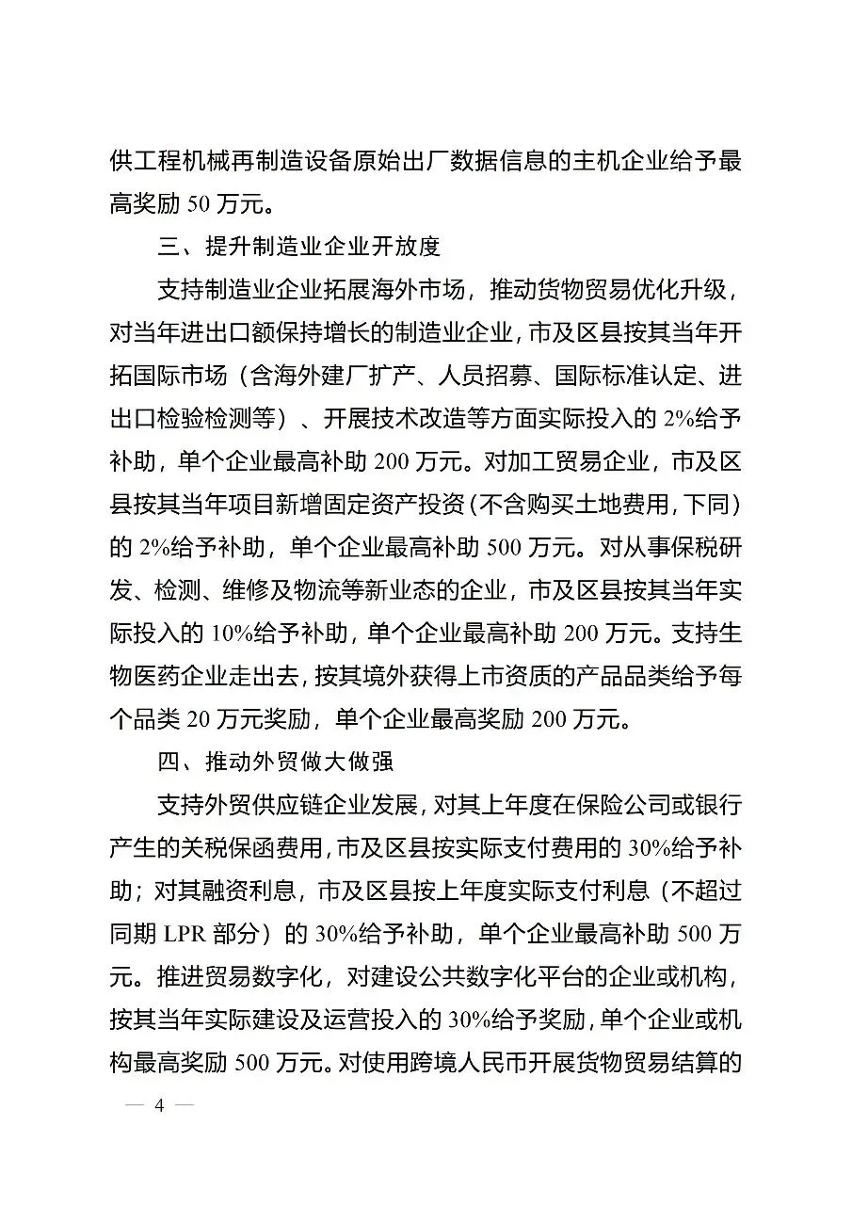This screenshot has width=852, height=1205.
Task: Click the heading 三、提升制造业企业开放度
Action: [298, 248]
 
